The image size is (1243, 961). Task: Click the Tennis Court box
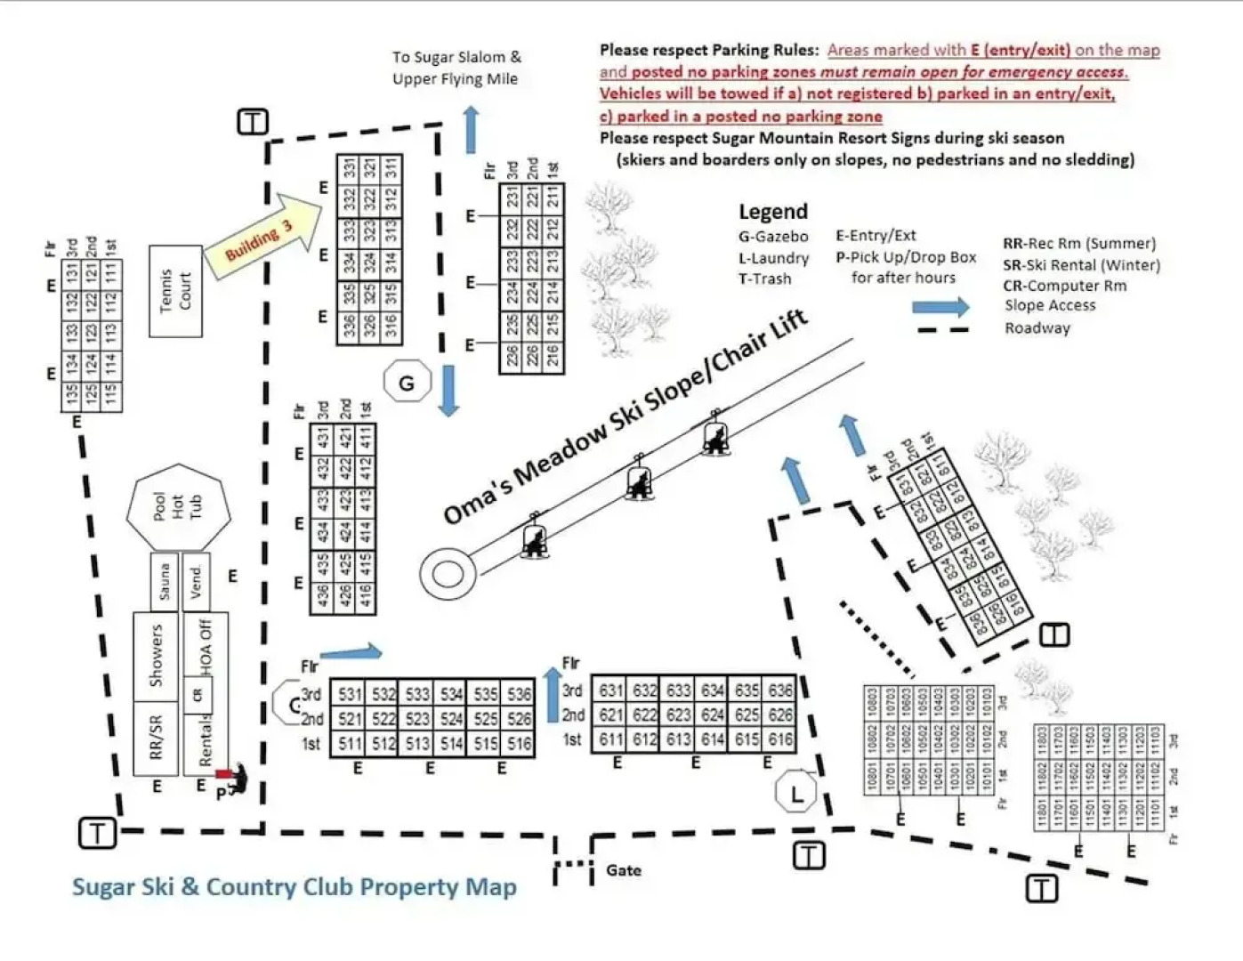175,291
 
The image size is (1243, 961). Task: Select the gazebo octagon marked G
407,383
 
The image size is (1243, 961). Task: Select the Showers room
156,656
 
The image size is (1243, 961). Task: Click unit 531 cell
350,694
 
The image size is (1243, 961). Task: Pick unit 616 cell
780,739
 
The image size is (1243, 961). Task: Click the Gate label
623,870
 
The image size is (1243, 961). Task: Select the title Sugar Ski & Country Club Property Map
294,887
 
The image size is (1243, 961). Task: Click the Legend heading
772,212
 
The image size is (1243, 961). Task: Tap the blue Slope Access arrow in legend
940,308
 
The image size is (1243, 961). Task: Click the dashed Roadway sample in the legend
942,330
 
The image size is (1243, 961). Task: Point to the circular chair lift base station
444,574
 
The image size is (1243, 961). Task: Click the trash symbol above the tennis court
253,122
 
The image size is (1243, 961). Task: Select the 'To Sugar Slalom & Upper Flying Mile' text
456,68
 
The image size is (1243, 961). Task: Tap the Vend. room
196,582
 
